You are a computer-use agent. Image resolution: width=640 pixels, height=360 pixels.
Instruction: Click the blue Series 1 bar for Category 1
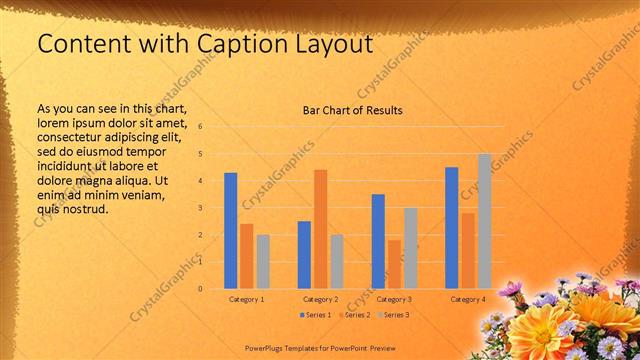(x=230, y=231)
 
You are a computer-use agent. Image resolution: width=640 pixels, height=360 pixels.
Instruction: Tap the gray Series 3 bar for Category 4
(x=484, y=221)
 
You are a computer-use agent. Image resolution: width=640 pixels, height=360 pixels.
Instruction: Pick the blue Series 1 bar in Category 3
(x=378, y=241)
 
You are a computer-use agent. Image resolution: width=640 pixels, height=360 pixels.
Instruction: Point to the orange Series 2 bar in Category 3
(x=394, y=264)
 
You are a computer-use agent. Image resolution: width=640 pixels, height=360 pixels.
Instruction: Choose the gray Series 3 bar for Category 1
(x=263, y=262)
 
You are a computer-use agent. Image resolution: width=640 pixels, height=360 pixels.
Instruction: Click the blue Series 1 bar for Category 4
(x=452, y=228)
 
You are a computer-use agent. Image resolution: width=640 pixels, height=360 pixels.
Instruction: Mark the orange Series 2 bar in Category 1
(x=246, y=256)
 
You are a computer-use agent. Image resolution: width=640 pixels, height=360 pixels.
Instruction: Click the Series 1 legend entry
(x=317, y=315)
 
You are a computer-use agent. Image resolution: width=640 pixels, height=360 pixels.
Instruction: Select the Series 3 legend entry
(x=393, y=315)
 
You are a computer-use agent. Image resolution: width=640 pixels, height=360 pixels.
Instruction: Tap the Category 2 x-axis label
(x=320, y=299)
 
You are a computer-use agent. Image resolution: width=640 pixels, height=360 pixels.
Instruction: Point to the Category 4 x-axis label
(x=468, y=299)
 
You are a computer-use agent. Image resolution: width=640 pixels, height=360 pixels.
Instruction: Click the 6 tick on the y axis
(x=201, y=127)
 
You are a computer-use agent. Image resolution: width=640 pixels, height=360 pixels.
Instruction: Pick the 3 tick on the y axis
(x=201, y=208)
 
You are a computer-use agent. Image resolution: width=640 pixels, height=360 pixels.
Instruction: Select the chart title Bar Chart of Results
(x=353, y=110)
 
